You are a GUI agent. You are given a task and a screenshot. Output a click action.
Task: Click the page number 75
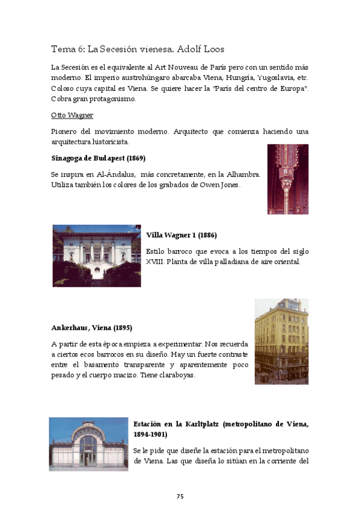[x=180, y=496]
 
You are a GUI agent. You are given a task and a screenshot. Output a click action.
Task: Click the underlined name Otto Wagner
[x=72, y=115]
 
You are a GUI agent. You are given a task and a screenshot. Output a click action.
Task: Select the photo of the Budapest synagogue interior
[x=287, y=179]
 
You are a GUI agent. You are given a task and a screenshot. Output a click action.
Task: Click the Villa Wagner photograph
[x=96, y=256]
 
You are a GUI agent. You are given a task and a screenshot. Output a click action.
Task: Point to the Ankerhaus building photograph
[x=281, y=341]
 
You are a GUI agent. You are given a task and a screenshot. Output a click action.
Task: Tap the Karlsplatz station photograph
[x=88, y=444]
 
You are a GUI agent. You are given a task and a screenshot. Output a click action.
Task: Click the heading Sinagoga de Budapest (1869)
[x=98, y=158]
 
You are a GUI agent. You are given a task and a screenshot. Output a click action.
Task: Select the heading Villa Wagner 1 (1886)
[x=182, y=235]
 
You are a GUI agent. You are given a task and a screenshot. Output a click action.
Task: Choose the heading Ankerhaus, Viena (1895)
[x=91, y=328]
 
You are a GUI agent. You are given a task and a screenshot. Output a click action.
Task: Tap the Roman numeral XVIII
[x=156, y=262]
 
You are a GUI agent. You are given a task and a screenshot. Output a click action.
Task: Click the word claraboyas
[x=174, y=375]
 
